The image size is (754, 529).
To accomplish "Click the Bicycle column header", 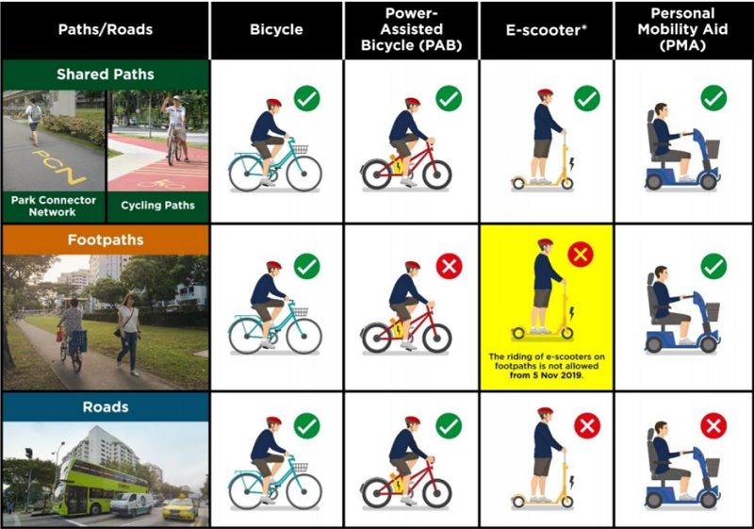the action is tap(276, 30).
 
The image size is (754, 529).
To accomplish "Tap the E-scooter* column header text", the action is tap(547, 30).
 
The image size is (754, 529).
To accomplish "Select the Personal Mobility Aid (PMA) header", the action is tap(682, 29).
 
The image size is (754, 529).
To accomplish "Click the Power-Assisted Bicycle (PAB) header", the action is tap(412, 29).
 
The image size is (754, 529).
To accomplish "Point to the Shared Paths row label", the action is tap(106, 74).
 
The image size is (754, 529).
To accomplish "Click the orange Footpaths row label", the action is tap(106, 240).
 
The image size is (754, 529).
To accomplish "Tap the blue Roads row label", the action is tap(106, 406).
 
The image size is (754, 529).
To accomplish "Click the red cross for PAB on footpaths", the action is tap(450, 267).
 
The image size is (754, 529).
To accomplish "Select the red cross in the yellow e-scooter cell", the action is tap(581, 255).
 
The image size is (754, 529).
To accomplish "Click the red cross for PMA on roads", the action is tap(713, 425).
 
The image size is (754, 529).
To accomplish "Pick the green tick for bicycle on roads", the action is tap(307, 425).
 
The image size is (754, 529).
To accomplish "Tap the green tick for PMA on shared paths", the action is tap(714, 98).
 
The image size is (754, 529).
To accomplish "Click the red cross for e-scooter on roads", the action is tap(587, 425).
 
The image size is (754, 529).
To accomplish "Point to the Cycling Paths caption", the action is tap(157, 206).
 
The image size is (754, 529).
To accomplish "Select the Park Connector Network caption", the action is tap(54, 206).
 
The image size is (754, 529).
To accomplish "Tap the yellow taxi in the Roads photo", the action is tap(179, 508).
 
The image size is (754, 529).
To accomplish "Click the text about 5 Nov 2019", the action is tap(547, 366).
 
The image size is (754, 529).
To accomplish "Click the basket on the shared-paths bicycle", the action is tap(301, 149).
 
